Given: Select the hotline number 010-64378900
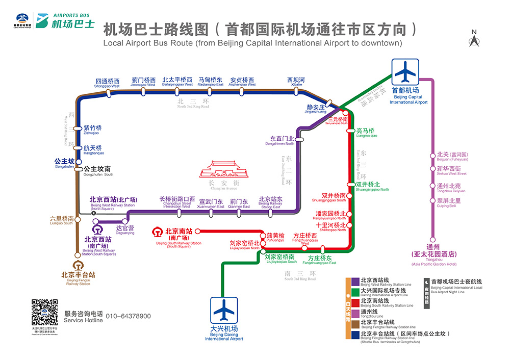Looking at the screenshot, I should pyautogui.click(x=128, y=316).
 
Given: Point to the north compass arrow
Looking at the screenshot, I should pyautogui.click(x=474, y=39).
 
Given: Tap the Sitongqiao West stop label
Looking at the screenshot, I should pyautogui.click(x=107, y=83).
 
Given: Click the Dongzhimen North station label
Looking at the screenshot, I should pyautogui.click(x=282, y=140).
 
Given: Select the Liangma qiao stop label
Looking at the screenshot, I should pyautogui.click(x=366, y=132).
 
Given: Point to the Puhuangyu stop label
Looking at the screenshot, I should pyautogui.click(x=275, y=237).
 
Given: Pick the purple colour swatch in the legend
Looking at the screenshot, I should pyautogui.click(x=355, y=281).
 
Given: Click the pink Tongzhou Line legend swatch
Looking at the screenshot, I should pyautogui.click(x=355, y=313).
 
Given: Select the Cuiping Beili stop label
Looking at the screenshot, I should pyautogui.click(x=449, y=202).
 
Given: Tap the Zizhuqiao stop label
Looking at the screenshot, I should pyautogui.click(x=92, y=130).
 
